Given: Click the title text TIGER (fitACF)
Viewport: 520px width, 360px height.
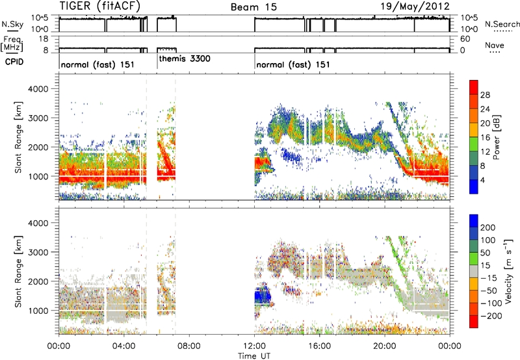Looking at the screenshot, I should click(101, 6).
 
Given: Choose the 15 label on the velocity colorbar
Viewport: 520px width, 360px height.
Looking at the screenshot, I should click(483, 259).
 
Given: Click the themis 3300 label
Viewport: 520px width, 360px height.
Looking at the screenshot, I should click(185, 58).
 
